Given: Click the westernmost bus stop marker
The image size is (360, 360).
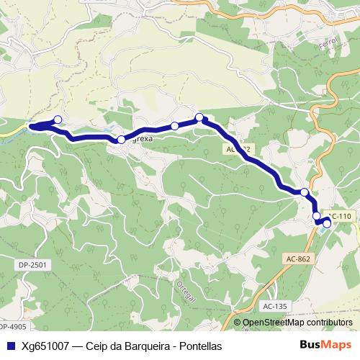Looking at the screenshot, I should click(58, 120).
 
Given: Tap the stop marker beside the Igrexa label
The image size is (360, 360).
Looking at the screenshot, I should click(121, 140).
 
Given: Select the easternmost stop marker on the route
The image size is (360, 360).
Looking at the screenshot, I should click(327, 224).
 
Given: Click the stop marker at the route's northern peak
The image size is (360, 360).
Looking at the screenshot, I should click(199, 117).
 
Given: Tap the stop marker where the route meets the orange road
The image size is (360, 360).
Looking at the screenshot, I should click(305, 192).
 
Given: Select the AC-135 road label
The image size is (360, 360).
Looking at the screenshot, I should click(275, 306).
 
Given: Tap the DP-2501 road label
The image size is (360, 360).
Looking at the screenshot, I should click(32, 266).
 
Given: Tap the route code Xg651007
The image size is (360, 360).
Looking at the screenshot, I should click(46, 346).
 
